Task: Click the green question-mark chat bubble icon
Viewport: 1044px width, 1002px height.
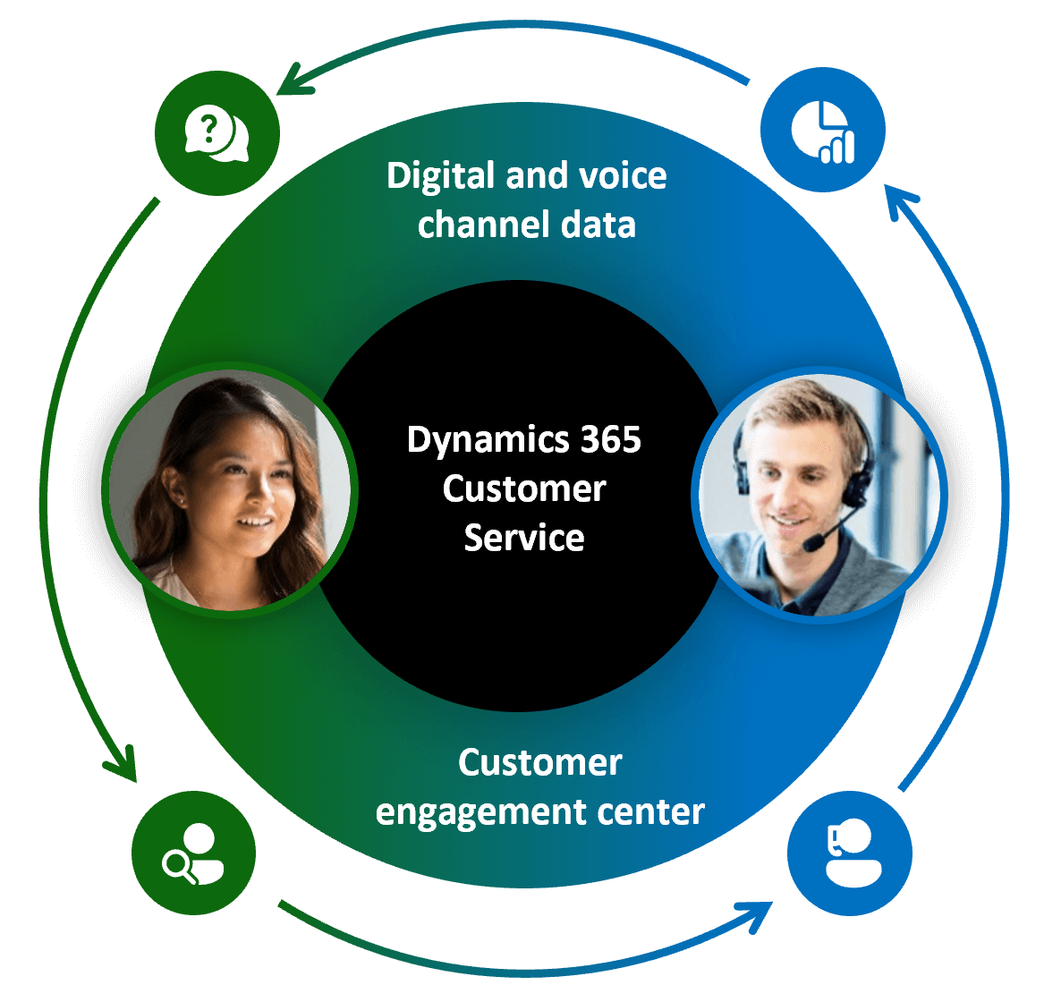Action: pos(216,134)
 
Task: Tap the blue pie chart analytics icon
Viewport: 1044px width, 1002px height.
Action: pos(823,131)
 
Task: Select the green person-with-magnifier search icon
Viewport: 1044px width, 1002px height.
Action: pos(193,853)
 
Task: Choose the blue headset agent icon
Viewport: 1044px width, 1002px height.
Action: pos(849,852)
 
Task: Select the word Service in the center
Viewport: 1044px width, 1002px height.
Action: pos(524,538)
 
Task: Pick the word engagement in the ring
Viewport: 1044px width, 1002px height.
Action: pos(480,812)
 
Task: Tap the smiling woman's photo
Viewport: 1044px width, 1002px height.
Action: pos(231,488)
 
